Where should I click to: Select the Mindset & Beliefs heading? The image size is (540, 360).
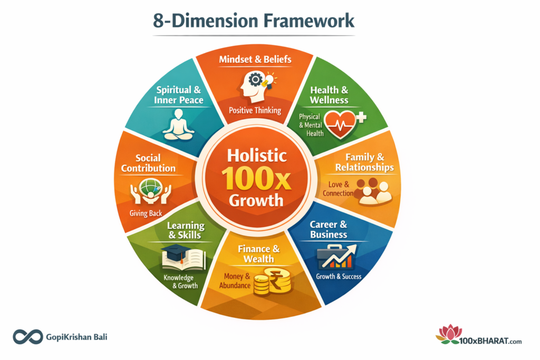255,60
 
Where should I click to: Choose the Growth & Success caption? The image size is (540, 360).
339,276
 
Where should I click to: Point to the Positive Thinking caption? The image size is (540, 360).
255,111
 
